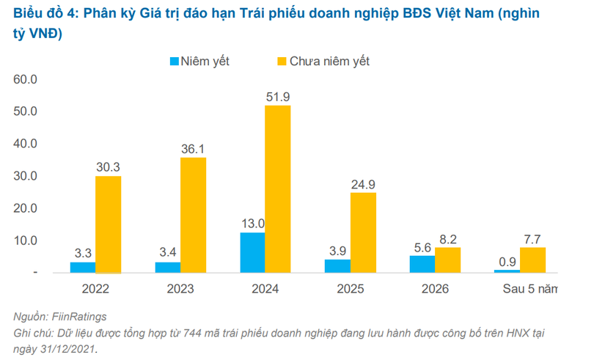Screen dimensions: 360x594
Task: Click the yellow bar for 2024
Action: [x=277, y=188]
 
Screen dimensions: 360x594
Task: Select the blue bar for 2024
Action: [x=253, y=252]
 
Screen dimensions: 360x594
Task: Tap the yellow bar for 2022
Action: [x=108, y=224]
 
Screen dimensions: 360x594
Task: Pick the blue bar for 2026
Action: [x=423, y=264]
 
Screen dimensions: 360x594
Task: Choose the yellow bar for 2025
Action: [x=362, y=232]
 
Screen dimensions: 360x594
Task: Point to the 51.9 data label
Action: [x=277, y=97]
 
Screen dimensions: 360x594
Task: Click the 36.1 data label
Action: [x=193, y=149]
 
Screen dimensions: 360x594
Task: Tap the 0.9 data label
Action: [x=507, y=260]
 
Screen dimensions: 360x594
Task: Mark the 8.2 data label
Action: [x=447, y=238]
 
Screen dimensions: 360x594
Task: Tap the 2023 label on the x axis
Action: [x=180, y=288]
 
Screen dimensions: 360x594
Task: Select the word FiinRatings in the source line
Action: [x=79, y=317]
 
